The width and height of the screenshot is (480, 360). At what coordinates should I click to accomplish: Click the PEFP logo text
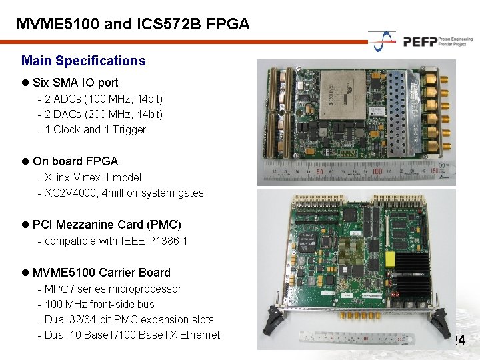pyautogui.click(x=420, y=41)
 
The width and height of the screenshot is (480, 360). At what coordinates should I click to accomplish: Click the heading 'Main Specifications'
pyautogui.click(x=83, y=61)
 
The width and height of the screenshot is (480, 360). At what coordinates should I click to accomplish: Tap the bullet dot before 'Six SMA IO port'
pyautogui.click(x=25, y=83)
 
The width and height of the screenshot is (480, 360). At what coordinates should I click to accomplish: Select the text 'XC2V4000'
pyautogui.click(x=70, y=193)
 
